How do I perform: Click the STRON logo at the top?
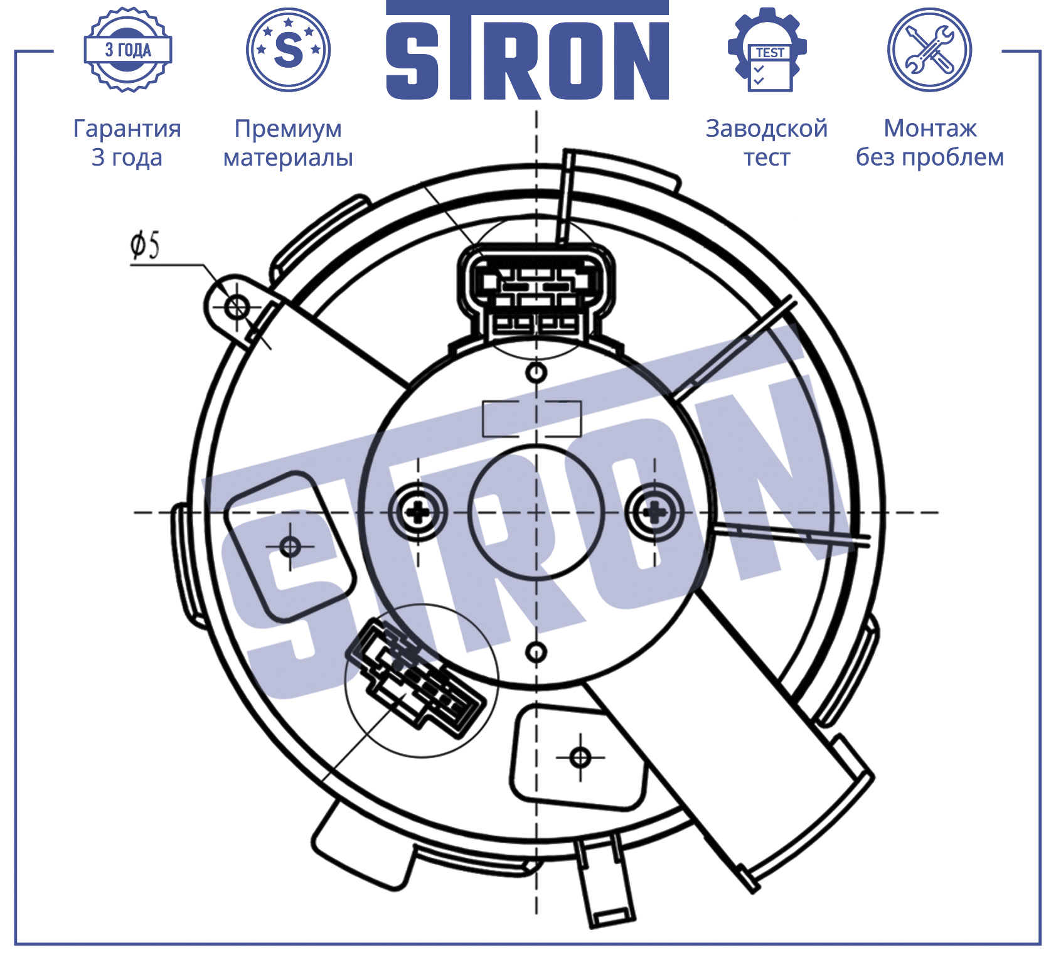click(527, 50)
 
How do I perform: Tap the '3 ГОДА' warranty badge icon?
click(128, 50)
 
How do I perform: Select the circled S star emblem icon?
click(288, 50)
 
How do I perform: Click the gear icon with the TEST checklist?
click(767, 50)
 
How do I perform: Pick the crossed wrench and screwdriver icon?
click(929, 50)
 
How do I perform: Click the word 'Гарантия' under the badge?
click(127, 129)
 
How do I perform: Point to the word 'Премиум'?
click(288, 129)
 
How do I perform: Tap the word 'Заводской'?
click(767, 129)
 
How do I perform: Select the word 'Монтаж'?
click(930, 129)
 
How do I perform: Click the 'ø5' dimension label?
click(145, 245)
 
